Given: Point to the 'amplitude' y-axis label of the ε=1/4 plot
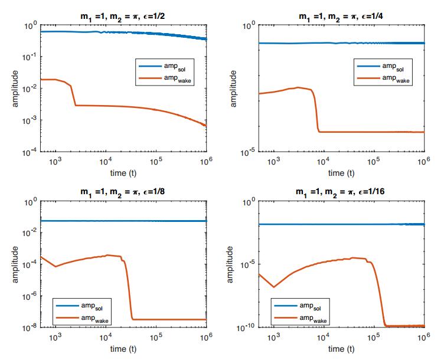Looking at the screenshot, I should click(x=234, y=89).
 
